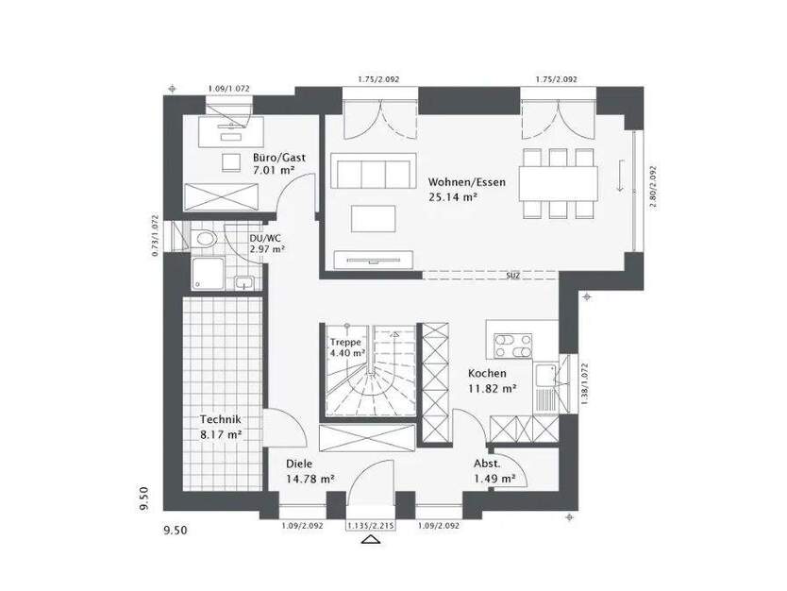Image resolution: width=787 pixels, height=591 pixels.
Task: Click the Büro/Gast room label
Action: coord(273,158)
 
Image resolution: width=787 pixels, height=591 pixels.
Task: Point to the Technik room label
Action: coord(221,420)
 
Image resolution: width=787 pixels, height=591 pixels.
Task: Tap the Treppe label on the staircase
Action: coord(344,342)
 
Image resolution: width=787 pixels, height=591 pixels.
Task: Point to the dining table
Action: coord(558,178)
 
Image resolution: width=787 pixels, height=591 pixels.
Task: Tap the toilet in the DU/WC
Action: coord(205,240)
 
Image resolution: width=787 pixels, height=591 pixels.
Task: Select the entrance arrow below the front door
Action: coord(371,541)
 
